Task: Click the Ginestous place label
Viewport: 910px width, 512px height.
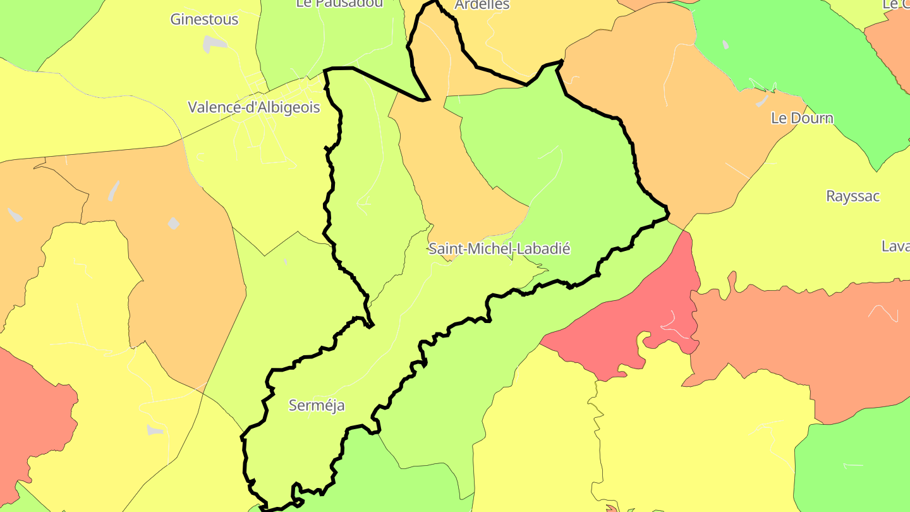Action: point(204,20)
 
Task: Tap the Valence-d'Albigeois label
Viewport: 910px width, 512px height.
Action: point(253,107)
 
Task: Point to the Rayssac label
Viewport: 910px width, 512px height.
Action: point(852,196)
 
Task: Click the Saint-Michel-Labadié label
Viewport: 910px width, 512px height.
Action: point(499,249)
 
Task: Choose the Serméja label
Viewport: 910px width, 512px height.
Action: point(317,405)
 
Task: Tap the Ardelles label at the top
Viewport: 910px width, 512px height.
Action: point(482,5)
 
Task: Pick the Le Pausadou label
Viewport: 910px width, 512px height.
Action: point(339,3)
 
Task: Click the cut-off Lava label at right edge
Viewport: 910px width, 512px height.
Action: point(895,246)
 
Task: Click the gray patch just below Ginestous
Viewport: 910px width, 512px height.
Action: point(215,44)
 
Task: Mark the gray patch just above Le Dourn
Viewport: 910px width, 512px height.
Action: point(763,100)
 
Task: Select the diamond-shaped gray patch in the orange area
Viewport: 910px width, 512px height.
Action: point(174,223)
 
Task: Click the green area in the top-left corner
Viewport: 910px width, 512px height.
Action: point(38,25)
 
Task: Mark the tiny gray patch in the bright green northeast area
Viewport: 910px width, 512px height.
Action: point(725,45)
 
